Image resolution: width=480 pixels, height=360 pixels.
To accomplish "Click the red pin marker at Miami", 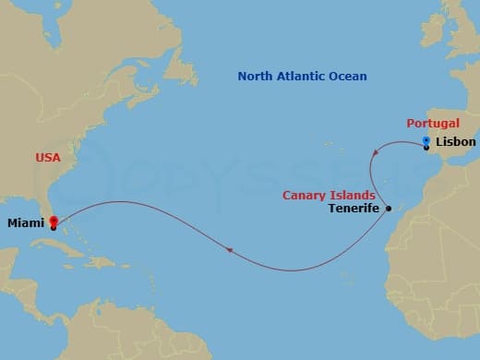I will pos(53,222).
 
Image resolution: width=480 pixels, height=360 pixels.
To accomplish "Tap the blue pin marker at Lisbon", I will pos(426,142).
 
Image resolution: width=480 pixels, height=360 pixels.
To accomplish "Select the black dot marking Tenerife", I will pos(389,209).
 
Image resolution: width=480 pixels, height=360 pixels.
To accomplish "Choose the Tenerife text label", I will pos(354,210).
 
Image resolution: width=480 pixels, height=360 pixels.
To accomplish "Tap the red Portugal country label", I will pos(432,123).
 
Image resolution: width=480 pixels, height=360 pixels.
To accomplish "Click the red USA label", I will pos(48,158).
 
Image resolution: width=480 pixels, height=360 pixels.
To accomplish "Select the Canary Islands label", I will pos(328,195).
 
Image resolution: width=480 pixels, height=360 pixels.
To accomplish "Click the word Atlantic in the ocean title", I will pos(306,76).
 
